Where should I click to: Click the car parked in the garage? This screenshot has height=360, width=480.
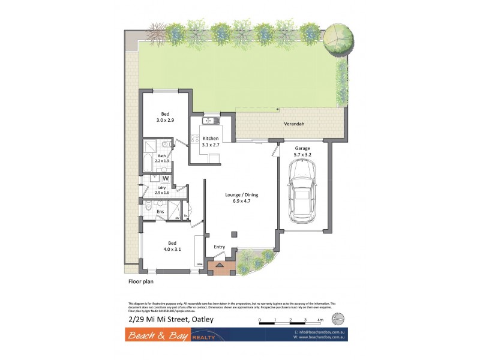click(302, 194)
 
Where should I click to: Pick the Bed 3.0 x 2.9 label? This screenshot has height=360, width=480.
click(166, 118)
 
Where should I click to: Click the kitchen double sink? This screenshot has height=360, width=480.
click(209, 121)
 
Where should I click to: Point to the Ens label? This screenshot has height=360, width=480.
click(161, 212)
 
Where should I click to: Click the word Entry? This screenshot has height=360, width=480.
click(220, 247)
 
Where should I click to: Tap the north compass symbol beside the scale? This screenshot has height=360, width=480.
click(339, 319)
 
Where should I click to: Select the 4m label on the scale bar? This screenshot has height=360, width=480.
click(320, 320)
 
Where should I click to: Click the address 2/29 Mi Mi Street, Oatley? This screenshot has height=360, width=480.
click(170, 319)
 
